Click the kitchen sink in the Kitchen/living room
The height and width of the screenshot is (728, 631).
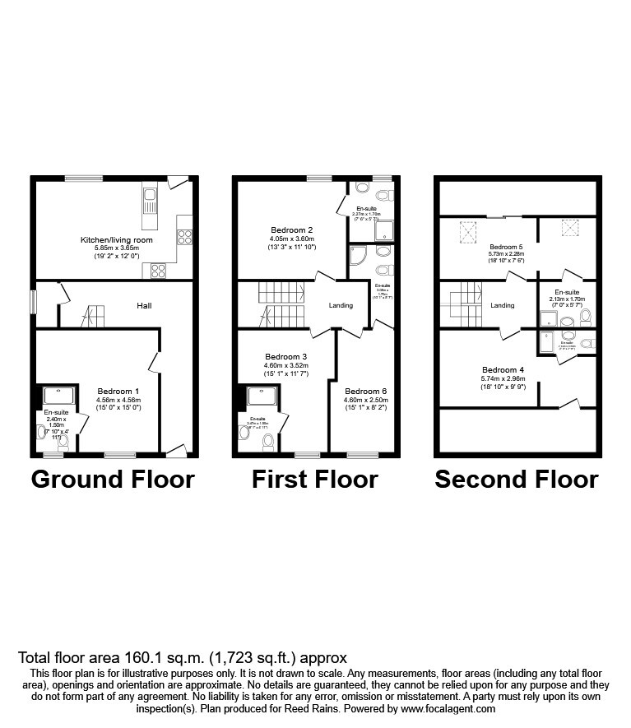click(150, 205)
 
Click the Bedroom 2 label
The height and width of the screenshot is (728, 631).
click(292, 230)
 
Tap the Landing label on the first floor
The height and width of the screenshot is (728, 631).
click(341, 305)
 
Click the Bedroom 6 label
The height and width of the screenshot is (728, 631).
click(365, 391)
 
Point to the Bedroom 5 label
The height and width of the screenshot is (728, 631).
click(506, 246)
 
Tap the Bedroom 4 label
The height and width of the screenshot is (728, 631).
click(499, 369)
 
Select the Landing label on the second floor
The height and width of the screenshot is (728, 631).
click(503, 305)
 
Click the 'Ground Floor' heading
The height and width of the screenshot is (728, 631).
click(113, 479)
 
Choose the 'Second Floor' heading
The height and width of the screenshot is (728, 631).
click(516, 479)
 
